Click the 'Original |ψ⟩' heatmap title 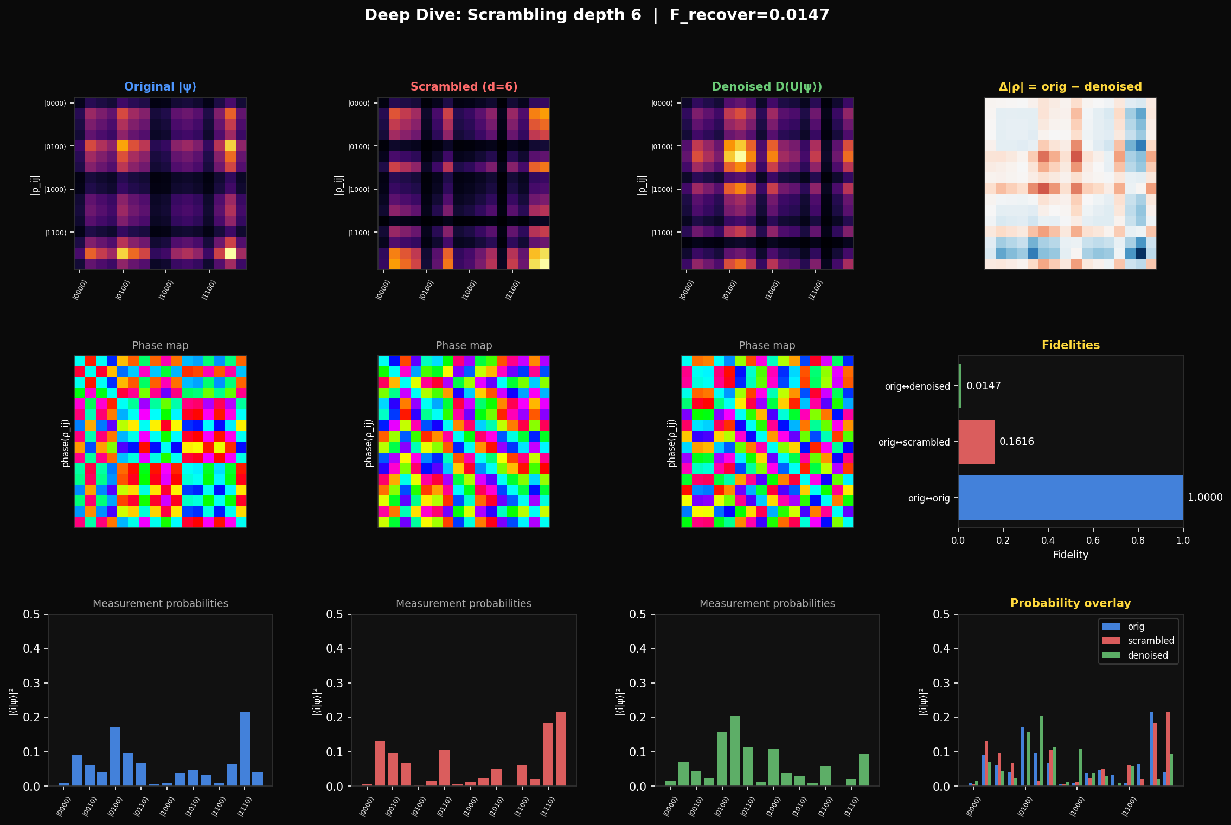tap(160, 87)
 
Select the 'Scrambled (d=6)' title tap(464, 87)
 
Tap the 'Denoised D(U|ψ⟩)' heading tap(767, 87)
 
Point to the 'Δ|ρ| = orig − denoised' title tap(1070, 87)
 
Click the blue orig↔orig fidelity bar tap(1070, 498)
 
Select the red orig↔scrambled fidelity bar tap(976, 442)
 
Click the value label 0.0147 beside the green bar tap(983, 386)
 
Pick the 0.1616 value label tap(1016, 442)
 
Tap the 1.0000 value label tap(1205, 498)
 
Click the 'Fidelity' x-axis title tap(1070, 555)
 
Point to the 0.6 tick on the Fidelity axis tap(1093, 540)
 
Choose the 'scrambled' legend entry tap(1150, 641)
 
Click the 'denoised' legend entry tap(1147, 655)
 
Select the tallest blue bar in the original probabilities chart tap(245, 749)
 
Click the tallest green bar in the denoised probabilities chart tap(735, 751)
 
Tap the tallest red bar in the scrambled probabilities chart tap(561, 749)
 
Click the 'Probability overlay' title tap(1070, 603)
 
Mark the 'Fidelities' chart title tap(1070, 345)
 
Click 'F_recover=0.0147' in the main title tap(749, 15)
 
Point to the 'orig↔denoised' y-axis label tap(917, 386)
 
